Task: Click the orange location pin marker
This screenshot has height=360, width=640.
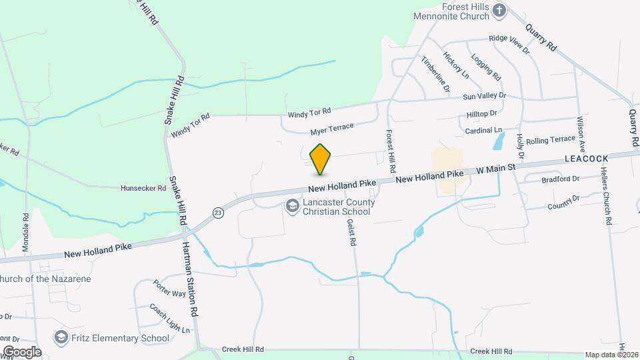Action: click(321, 159)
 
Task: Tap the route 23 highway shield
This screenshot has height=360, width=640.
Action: click(218, 213)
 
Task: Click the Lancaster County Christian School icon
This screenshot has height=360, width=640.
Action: click(292, 207)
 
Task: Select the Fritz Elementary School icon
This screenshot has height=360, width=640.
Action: click(61, 338)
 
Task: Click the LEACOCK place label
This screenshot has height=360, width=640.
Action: click(587, 159)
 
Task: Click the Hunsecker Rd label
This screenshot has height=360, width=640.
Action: click(143, 189)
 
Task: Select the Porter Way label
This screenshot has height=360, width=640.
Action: click(169, 288)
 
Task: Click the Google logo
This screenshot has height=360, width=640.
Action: click(21, 352)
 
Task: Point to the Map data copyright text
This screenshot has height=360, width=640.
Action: click(611, 355)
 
